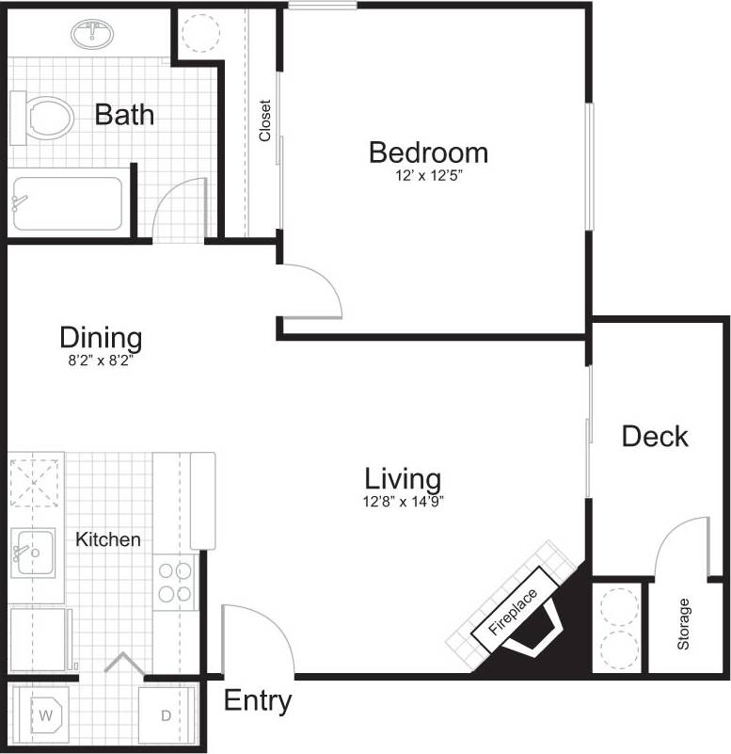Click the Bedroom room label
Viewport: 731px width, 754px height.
[428, 152]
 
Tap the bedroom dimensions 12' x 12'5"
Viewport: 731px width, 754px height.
[428, 175]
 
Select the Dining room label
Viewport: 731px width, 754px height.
[101, 337]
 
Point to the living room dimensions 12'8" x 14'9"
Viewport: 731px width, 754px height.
[404, 502]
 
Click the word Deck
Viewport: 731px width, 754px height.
[655, 436]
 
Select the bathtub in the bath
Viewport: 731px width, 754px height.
[68, 201]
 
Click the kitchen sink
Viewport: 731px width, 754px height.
[33, 552]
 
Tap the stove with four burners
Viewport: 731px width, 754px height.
[174, 582]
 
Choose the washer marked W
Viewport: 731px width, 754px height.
[43, 714]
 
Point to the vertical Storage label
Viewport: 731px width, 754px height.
[684, 624]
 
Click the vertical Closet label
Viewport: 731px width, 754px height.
[264, 120]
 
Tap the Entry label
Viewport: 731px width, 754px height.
[258, 701]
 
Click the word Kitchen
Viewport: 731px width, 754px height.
[108, 539]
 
